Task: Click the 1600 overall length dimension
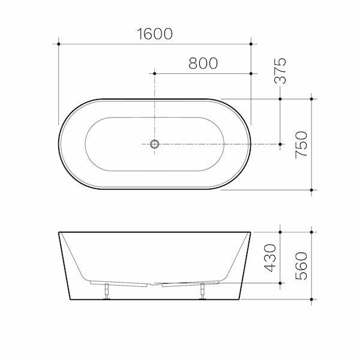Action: pyautogui.click(x=154, y=34)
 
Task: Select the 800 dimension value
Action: pyautogui.click(x=203, y=64)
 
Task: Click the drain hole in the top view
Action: pyautogui.click(x=155, y=144)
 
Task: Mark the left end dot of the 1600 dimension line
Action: pyautogui.click(x=59, y=43)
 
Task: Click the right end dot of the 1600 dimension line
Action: pyautogui.click(x=251, y=43)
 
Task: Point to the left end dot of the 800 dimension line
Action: pyautogui.click(x=155, y=73)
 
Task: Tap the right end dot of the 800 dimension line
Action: pyautogui.click(x=251, y=73)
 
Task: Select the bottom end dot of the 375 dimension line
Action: pyautogui.click(x=280, y=144)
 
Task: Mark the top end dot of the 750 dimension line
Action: pyautogui.click(x=311, y=98)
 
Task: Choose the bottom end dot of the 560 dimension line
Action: pyautogui.click(x=311, y=298)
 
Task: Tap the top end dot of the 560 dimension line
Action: pyautogui.click(x=311, y=230)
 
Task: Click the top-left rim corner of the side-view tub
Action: pyautogui.click(x=59, y=231)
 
